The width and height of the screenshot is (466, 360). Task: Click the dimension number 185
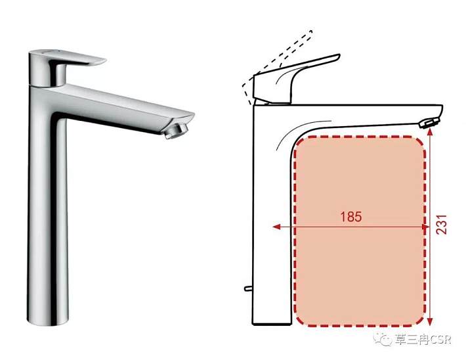point(351,217)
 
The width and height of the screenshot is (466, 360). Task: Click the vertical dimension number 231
point(442,224)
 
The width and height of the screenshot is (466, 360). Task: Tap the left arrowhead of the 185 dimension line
point(277,227)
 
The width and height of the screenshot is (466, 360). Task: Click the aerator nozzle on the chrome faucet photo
point(177,131)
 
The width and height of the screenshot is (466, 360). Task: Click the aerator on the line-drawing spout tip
point(429,123)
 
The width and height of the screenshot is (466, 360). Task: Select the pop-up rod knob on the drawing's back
point(248,288)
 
